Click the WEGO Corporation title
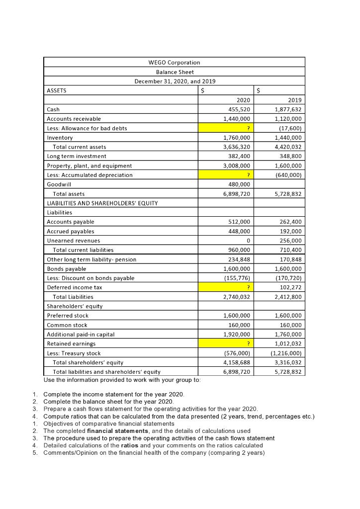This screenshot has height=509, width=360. click(x=174, y=63)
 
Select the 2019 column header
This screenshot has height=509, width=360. click(x=295, y=100)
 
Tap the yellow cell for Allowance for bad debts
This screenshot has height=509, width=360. click(x=226, y=128)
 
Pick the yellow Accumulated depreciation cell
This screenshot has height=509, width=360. click(x=226, y=175)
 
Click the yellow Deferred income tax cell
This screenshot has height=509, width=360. click(x=226, y=287)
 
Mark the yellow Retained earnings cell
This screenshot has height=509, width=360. click(x=226, y=343)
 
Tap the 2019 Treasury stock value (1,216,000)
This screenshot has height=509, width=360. click(x=288, y=353)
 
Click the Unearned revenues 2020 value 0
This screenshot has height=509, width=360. click(x=248, y=241)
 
